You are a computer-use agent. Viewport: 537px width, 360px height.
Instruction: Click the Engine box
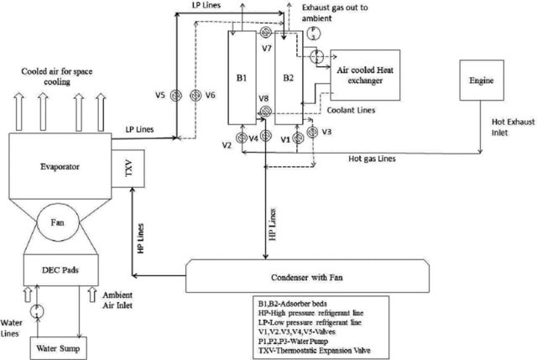[482, 81]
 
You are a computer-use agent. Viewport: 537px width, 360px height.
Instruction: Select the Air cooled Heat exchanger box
[365, 75]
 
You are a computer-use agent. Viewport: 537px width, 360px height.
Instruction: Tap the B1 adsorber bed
[242, 78]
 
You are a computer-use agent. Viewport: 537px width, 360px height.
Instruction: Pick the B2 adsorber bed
[289, 78]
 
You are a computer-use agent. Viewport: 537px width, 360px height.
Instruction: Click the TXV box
[128, 169]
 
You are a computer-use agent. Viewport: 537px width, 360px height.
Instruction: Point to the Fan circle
[58, 222]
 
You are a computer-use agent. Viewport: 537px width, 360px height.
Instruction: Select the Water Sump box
[58, 348]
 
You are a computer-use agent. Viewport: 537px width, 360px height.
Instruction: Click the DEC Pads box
[61, 270]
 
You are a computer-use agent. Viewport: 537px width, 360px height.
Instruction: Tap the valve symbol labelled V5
[176, 95]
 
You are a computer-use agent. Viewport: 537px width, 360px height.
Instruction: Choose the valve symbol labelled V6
[196, 95]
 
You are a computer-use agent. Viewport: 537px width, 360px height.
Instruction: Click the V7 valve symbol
[265, 33]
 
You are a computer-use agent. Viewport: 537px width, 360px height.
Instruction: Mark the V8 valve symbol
[265, 111]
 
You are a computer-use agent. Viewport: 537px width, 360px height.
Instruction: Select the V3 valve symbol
[312, 132]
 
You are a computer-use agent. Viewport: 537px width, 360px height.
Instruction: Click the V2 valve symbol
[242, 138]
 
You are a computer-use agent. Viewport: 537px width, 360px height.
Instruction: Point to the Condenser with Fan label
[307, 277]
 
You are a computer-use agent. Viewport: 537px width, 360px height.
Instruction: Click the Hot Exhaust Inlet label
[513, 127]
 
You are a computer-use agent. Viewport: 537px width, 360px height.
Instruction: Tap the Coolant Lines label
[351, 110]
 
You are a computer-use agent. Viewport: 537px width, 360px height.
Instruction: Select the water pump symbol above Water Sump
[37, 311]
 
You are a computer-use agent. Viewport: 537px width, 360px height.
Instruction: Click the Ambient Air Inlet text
[117, 300]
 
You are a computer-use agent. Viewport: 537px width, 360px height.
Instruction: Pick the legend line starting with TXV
[315, 351]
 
